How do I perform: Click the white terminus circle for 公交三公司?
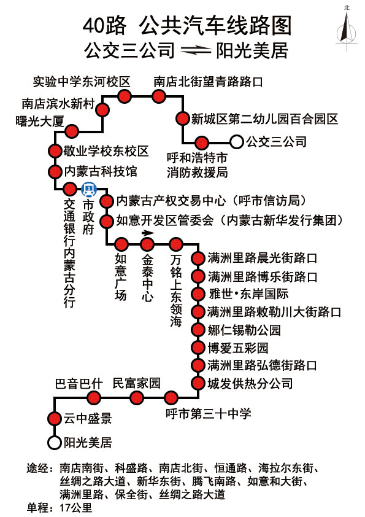(x=236, y=142)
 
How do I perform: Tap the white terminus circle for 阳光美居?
(x=55, y=443)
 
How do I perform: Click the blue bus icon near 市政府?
(x=88, y=189)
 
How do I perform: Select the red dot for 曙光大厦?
(x=72, y=131)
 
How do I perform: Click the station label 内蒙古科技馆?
(x=101, y=171)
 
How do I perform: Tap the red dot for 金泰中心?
(x=147, y=244)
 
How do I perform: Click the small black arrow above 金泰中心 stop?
(x=148, y=233)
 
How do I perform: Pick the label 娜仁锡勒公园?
(x=244, y=330)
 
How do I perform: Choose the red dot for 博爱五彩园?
(x=198, y=347)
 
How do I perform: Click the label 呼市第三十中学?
(x=208, y=413)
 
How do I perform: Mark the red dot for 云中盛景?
(x=55, y=418)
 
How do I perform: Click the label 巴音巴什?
(x=79, y=384)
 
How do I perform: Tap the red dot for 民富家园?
(x=137, y=398)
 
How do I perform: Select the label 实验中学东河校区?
(x=82, y=82)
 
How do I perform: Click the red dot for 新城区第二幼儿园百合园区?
(x=182, y=119)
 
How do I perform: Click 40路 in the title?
(x=104, y=26)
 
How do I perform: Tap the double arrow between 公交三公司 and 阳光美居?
(x=196, y=50)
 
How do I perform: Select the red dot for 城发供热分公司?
(x=198, y=383)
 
